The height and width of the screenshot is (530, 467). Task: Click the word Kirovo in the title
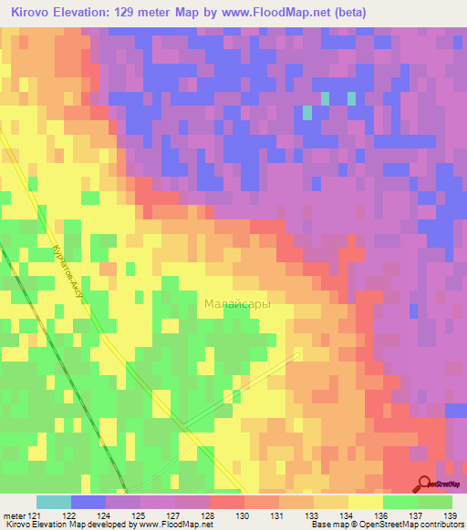(34, 12)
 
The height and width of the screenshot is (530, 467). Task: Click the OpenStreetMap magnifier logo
(424, 484)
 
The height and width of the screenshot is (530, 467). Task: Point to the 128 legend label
(210, 515)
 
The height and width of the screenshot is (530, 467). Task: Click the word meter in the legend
(14, 515)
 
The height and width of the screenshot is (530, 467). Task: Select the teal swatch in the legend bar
(54, 502)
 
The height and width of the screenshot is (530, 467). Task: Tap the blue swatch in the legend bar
(88, 502)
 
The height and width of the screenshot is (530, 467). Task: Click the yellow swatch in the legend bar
(365, 502)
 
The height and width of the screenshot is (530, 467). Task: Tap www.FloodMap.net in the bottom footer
(174, 525)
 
